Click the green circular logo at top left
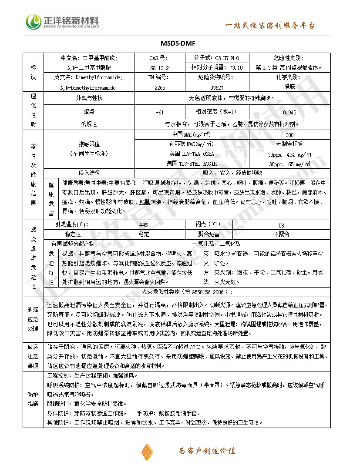pyautogui.click(x=34, y=22)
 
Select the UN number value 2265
pyautogui.click(x=160, y=87)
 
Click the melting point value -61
pyautogui.click(x=159, y=112)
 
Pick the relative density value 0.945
pyautogui.click(x=289, y=112)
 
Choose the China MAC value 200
pyautogui.click(x=289, y=135)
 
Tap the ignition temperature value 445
pyautogui.click(x=143, y=225)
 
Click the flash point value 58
pyautogui.click(x=281, y=225)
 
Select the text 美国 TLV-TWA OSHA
pyautogui.click(x=192, y=154)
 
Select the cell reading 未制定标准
pyautogui.click(x=289, y=144)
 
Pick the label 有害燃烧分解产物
pyautogui.click(x=72, y=244)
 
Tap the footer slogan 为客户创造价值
pyautogui.click(x=207, y=451)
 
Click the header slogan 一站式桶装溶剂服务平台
pyautogui.click(x=269, y=26)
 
